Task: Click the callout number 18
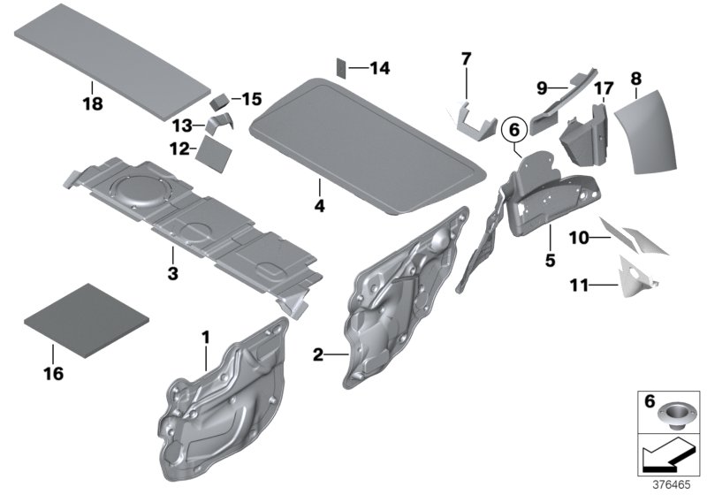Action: pos(92,104)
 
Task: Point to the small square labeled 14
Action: pos(342,67)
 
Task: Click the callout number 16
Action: pos(53,373)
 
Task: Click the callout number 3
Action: pos(173,275)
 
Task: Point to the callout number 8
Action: pos(635,80)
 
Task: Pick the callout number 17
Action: pos(603,88)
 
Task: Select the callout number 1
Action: pos(206,337)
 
